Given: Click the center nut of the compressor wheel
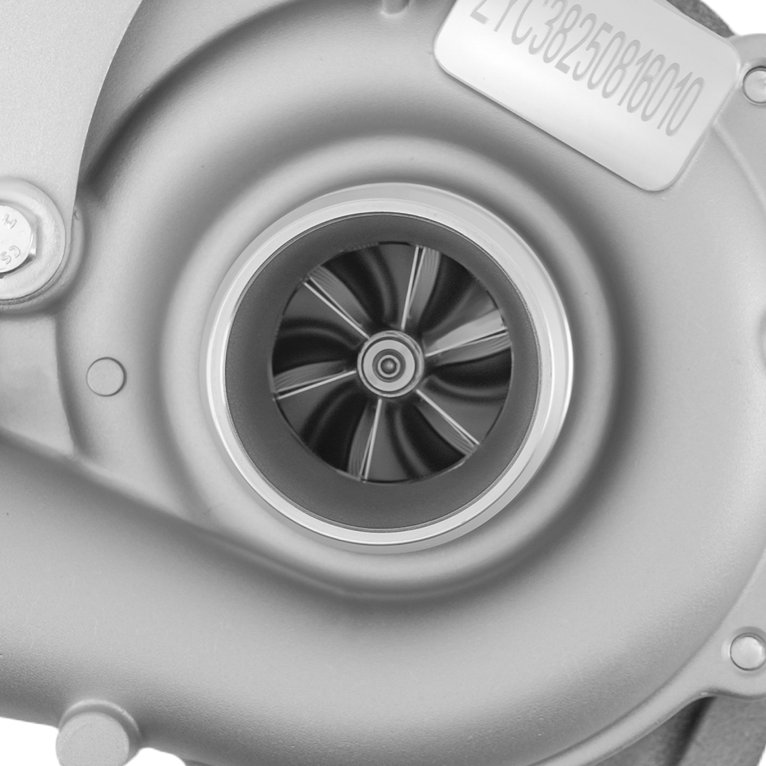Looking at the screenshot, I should pyautogui.click(x=389, y=365).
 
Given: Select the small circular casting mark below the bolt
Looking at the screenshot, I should pyautogui.click(x=106, y=376).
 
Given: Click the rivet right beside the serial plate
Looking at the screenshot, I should pyautogui.click(x=755, y=84).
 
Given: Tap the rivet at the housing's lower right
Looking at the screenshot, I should pyautogui.click(x=747, y=652).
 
